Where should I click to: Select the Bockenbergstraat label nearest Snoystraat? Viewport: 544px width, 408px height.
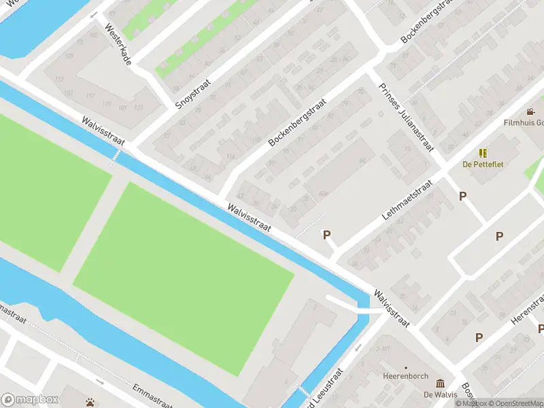pyautogui.click(x=297, y=122)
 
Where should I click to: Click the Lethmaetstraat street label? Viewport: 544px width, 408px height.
pyautogui.click(x=407, y=199)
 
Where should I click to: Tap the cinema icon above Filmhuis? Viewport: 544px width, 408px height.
pyautogui.click(x=530, y=112)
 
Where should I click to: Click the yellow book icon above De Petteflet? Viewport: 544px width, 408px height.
pyautogui.click(x=483, y=153)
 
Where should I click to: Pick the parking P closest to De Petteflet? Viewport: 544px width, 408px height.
pyautogui.click(x=463, y=196)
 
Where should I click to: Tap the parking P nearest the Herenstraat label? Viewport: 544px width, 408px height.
pyautogui.click(x=479, y=337)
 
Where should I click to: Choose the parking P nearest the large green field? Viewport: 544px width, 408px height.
pyautogui.click(x=326, y=235)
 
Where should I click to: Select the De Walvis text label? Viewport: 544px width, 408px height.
pyautogui.click(x=439, y=394)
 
